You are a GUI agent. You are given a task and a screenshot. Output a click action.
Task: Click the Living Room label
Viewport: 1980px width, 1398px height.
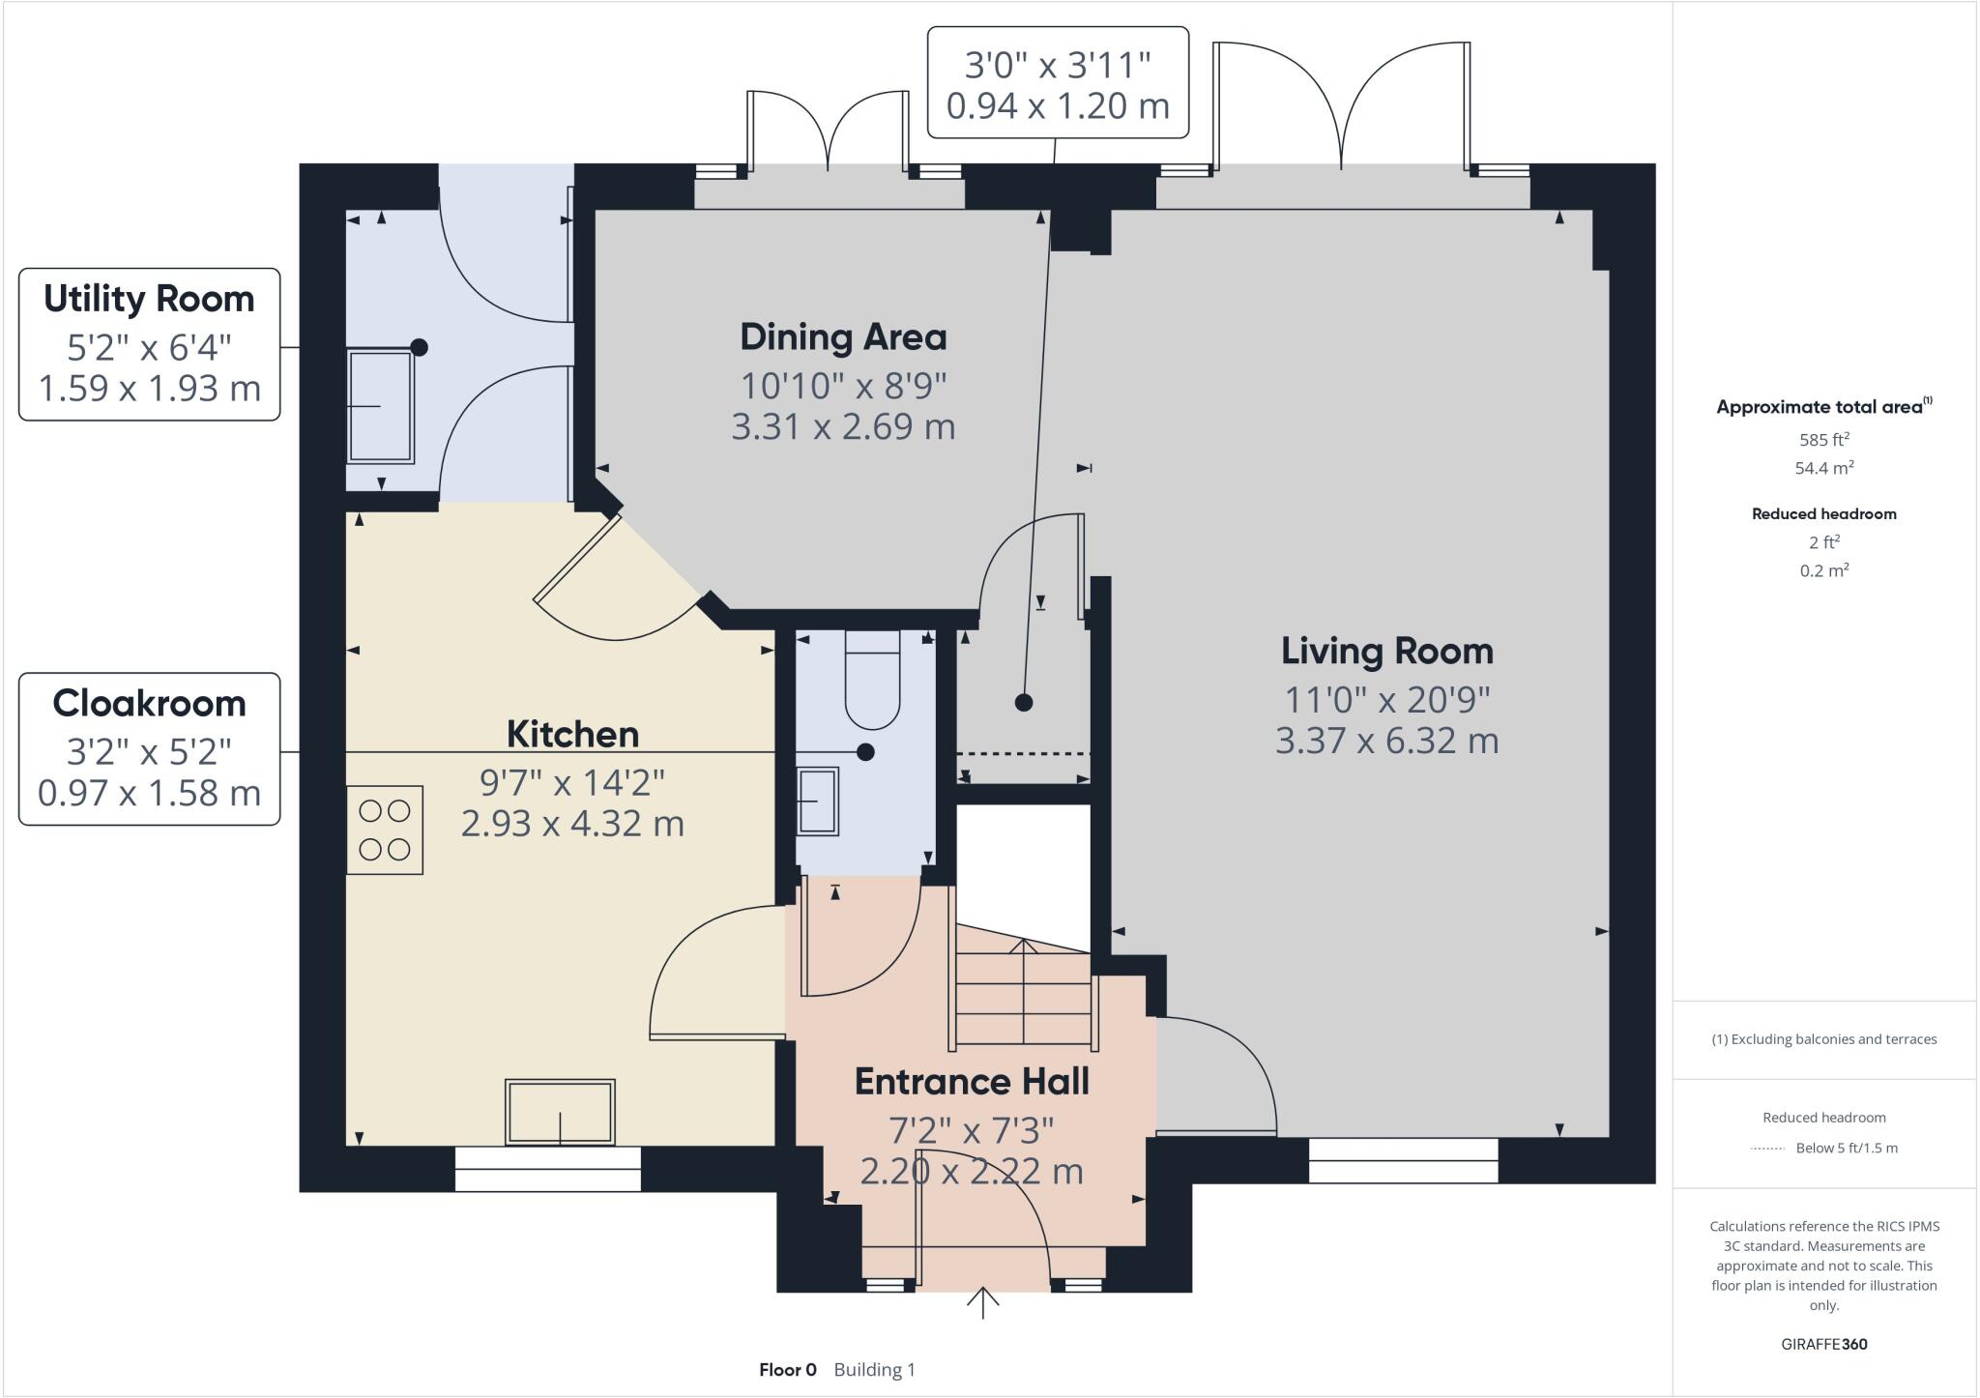(x=1386, y=651)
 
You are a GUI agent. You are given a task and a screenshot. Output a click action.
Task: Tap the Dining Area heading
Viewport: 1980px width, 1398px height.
(x=843, y=336)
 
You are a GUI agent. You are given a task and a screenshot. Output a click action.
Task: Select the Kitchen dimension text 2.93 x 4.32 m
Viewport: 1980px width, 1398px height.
(x=572, y=824)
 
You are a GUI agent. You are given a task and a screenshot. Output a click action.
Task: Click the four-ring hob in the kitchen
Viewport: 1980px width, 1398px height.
(x=385, y=830)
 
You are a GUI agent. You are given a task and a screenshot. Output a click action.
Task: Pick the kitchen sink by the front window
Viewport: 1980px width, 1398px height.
(x=560, y=1112)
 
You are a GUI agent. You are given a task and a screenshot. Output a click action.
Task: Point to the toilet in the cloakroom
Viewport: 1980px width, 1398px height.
(x=872, y=679)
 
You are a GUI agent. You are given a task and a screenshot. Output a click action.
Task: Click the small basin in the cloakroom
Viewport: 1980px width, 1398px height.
(x=818, y=801)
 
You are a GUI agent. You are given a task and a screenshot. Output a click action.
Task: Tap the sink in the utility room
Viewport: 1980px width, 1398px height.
(x=380, y=407)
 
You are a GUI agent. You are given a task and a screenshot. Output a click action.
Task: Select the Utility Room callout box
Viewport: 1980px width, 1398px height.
(x=149, y=344)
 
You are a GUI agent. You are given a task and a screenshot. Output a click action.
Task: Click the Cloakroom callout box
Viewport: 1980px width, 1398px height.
(x=149, y=749)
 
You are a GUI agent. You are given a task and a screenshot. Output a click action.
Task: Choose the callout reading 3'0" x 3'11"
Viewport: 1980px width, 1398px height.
(x=1058, y=83)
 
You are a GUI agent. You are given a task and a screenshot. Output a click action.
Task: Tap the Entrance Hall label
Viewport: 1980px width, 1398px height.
(x=972, y=1081)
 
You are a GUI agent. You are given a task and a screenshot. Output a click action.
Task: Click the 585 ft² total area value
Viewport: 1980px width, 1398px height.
(x=1823, y=439)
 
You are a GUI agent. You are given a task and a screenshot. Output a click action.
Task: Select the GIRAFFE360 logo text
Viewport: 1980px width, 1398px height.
(x=1823, y=1344)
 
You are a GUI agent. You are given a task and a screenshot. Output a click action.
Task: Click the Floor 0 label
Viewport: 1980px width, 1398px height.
(x=787, y=1370)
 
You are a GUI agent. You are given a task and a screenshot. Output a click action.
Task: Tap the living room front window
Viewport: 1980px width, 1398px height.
(x=1403, y=1160)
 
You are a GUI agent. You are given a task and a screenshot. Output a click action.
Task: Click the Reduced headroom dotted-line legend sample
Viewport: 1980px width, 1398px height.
(x=1768, y=1149)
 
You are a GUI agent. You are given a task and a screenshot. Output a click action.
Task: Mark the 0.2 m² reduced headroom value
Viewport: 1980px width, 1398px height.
(x=1823, y=570)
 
